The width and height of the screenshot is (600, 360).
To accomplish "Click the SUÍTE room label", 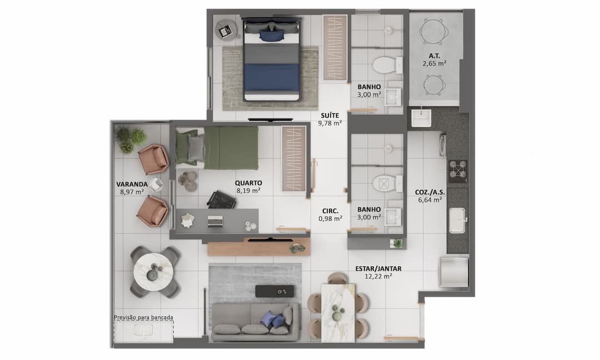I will click(330, 116).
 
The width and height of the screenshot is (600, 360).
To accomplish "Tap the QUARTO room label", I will click(248, 183).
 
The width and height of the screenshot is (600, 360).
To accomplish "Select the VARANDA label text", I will click(132, 184).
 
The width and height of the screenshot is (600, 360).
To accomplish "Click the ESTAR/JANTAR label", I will click(378, 269).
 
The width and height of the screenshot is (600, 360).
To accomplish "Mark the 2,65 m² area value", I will click(434, 63).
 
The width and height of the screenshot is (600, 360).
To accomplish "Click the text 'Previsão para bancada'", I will click(143, 318).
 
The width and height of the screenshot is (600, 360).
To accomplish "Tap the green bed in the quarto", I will click(224, 148).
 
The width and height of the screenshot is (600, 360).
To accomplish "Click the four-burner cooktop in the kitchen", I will click(458, 171).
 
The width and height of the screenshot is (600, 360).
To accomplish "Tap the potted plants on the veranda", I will click(130, 139).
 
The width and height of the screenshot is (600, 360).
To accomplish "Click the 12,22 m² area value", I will click(378, 276).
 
